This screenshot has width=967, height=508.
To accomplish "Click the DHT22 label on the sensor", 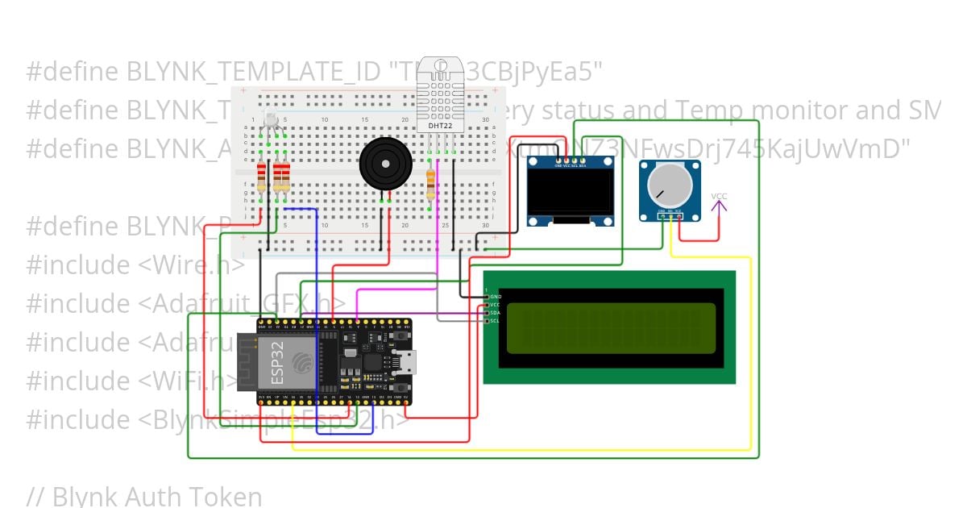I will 439,126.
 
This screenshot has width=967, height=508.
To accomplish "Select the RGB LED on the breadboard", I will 271,123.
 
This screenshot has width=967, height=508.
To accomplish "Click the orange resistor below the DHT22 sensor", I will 431,184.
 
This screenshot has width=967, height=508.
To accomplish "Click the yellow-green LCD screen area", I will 610,327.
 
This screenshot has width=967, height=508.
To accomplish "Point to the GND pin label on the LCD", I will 495,297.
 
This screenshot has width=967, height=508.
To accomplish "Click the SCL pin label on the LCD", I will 495,321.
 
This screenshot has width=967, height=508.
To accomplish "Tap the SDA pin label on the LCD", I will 495,313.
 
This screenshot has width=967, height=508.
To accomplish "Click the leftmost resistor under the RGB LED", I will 261,177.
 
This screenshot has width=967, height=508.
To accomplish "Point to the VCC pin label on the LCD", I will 495,305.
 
